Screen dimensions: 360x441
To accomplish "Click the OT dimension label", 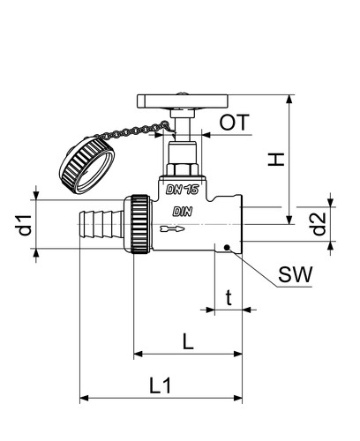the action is tap(235, 123).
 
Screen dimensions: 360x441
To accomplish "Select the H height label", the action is tap(276, 160).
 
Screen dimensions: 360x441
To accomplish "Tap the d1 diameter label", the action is tap(25, 225).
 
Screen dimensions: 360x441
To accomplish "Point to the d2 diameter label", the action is tap(319, 224).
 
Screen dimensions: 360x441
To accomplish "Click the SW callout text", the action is tap(295, 274).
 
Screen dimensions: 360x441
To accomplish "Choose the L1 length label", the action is tap(161, 385).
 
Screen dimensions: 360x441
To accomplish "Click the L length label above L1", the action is tap(188, 341).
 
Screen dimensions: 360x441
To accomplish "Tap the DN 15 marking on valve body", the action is tap(183, 190).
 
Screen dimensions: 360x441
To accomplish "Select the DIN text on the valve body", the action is tap(183, 212).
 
